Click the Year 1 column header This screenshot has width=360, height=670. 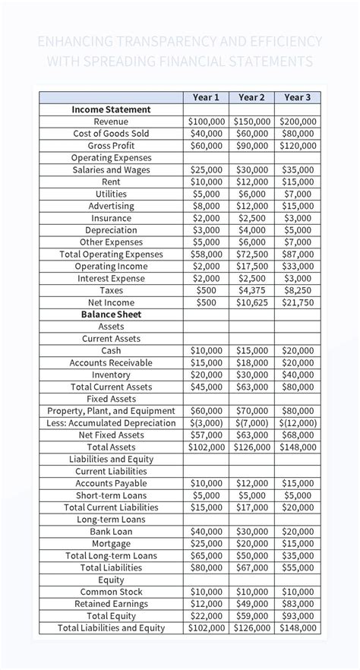[x=207, y=97]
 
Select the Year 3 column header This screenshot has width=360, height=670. [x=298, y=97]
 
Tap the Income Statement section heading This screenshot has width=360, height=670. [x=111, y=109]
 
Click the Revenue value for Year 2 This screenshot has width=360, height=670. [x=251, y=122]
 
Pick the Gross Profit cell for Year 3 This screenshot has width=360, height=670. [x=298, y=146]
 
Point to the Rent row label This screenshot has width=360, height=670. [x=111, y=182]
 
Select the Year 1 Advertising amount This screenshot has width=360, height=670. [x=207, y=206]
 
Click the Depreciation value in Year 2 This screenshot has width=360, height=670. [x=251, y=230]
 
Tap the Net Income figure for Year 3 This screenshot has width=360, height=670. [x=298, y=302]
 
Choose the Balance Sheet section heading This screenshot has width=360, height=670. [x=111, y=314]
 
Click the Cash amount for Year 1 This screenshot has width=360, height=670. [x=207, y=351]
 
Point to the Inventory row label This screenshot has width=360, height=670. [x=111, y=375]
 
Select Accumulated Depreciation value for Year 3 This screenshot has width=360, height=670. [x=298, y=423]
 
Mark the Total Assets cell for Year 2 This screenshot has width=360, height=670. [x=251, y=447]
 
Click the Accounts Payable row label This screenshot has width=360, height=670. [x=111, y=483]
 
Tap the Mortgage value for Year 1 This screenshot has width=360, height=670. [x=207, y=543]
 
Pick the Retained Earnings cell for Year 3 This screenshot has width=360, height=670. [x=298, y=604]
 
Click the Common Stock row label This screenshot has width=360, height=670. [x=111, y=592]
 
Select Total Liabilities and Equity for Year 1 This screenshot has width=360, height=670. [x=207, y=628]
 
